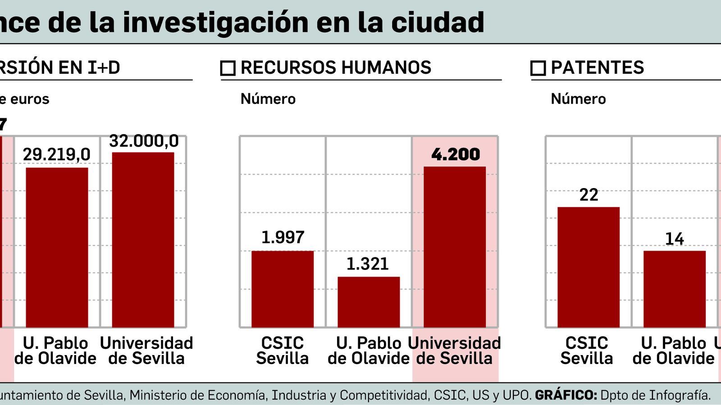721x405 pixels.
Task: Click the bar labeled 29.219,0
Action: (x=57, y=247)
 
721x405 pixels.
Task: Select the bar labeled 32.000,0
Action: (x=143, y=240)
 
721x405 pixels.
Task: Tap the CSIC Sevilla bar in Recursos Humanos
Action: (x=283, y=289)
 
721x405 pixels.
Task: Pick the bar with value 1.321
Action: (x=369, y=302)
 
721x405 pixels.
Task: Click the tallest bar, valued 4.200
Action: (x=455, y=247)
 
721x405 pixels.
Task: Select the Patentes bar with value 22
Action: (x=589, y=267)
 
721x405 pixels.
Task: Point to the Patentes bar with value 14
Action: (x=675, y=289)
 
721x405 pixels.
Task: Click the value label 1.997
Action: (x=283, y=237)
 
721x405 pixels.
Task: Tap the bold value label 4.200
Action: (x=456, y=154)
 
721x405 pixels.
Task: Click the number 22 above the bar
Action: (x=589, y=195)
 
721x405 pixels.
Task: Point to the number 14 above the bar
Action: (x=675, y=239)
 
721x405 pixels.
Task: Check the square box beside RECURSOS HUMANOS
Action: (x=228, y=68)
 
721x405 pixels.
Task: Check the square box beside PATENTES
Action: (x=538, y=68)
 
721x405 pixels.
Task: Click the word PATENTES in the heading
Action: (x=598, y=67)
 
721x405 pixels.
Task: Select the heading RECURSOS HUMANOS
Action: (x=336, y=67)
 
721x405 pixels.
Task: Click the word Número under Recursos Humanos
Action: (x=268, y=99)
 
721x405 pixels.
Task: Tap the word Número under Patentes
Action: (x=578, y=99)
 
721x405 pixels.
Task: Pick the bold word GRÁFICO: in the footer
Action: (x=566, y=395)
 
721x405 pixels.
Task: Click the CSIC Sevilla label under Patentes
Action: (x=587, y=351)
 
